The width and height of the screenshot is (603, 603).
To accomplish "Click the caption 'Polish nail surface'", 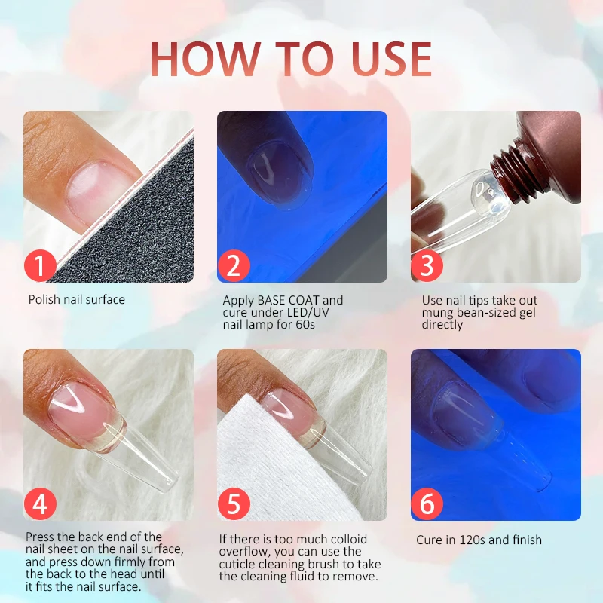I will coord(77,300).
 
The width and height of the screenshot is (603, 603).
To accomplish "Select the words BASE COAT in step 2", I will coord(286,300).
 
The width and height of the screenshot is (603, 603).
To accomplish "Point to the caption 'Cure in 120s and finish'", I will coord(479,540).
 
